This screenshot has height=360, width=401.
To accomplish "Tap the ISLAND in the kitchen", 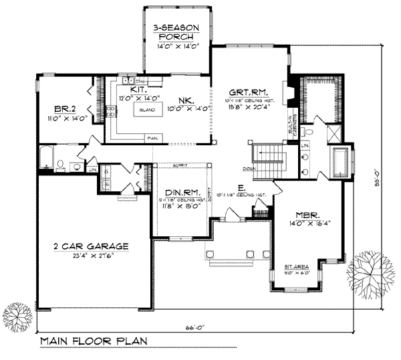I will [148, 109].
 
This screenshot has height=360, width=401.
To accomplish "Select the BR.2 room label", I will [63, 108].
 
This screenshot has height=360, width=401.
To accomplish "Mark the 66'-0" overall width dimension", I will [195, 328].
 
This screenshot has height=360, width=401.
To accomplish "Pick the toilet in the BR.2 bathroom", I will [60, 163].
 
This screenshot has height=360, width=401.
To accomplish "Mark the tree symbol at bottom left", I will [17, 314].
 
